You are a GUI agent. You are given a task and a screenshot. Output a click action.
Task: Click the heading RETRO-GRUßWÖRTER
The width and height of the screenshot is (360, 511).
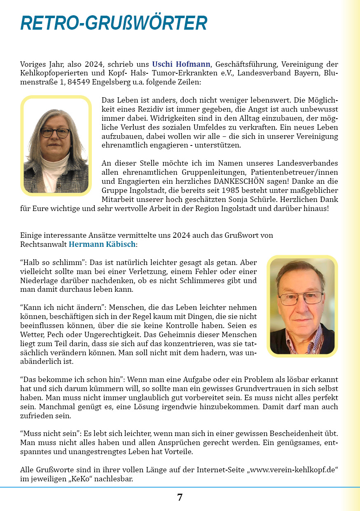click(114, 23)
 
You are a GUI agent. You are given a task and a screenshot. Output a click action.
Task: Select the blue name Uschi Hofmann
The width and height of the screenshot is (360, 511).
click(181, 64)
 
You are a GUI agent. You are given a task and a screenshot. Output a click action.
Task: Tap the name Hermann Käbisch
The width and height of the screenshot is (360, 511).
click(102, 244)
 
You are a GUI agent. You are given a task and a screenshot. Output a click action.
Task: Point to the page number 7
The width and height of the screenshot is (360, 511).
click(180, 497)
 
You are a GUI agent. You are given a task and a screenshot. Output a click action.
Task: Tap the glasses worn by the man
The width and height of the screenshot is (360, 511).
click(301, 298)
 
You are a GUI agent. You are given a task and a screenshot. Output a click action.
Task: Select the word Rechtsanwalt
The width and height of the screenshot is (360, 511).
click(43, 244)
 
